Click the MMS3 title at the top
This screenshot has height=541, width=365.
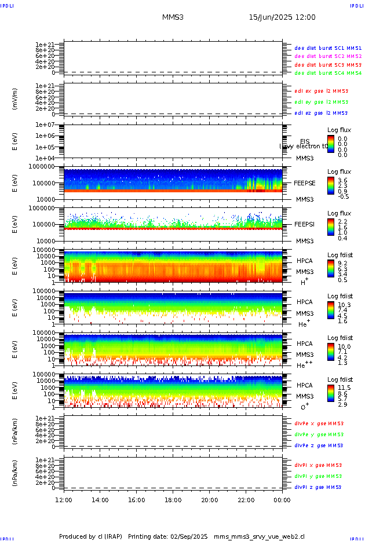point(173,17)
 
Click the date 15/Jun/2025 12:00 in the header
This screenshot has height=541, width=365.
point(282,17)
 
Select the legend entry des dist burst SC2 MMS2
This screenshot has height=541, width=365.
point(328,56)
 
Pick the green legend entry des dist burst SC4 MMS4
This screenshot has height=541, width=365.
point(328,74)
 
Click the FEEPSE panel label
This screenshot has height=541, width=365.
point(305,183)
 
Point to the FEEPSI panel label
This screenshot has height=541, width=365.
point(305,224)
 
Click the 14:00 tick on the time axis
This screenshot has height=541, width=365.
point(100,500)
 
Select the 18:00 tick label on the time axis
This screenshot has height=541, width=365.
point(173,500)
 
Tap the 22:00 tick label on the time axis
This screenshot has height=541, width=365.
point(246,500)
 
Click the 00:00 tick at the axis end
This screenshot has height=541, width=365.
point(282,500)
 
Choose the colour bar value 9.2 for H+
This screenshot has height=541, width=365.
point(342,262)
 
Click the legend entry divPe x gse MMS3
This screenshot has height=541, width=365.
point(319,423)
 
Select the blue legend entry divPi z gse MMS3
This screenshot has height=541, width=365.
point(319,487)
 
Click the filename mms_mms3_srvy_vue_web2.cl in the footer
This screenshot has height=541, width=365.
point(259,537)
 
